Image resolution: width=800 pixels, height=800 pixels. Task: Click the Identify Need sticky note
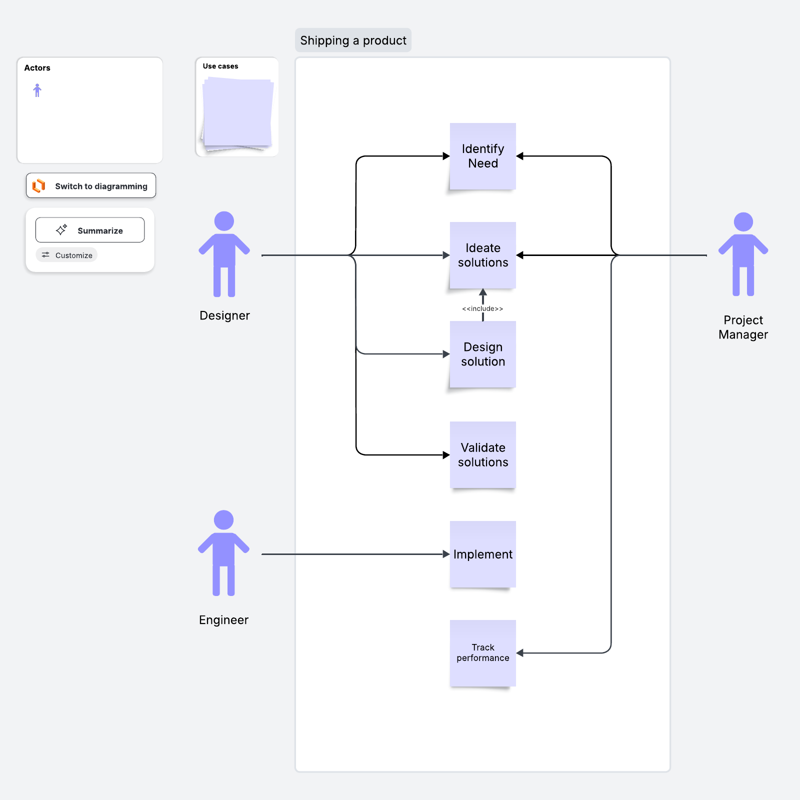coord(482,156)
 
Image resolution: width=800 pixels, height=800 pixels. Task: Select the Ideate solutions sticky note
coord(482,255)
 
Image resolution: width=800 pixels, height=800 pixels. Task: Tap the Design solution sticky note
coord(482,354)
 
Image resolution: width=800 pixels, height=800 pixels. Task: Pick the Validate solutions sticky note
coord(482,454)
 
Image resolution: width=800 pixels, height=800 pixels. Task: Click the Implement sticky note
coord(482,554)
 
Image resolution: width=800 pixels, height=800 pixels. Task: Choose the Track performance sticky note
coord(482,652)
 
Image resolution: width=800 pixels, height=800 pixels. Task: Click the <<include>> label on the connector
coord(482,308)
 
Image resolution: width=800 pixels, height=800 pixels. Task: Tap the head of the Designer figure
coord(224,221)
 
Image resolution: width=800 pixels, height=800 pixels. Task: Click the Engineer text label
coord(223,620)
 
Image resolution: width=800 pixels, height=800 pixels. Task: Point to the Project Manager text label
coord(743,327)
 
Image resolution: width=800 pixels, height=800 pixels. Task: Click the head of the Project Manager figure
coord(743,222)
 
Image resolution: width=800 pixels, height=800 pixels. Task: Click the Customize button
coord(67,255)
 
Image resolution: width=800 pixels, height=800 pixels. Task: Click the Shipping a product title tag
coord(353,40)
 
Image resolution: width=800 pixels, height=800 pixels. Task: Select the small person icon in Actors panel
coord(37,90)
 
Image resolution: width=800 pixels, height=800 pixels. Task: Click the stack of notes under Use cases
coord(237,114)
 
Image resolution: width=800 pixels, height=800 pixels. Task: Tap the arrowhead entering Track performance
coord(520,653)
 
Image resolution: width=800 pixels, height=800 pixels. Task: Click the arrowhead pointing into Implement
coord(446,554)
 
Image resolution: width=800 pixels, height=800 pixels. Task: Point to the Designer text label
coord(224,315)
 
